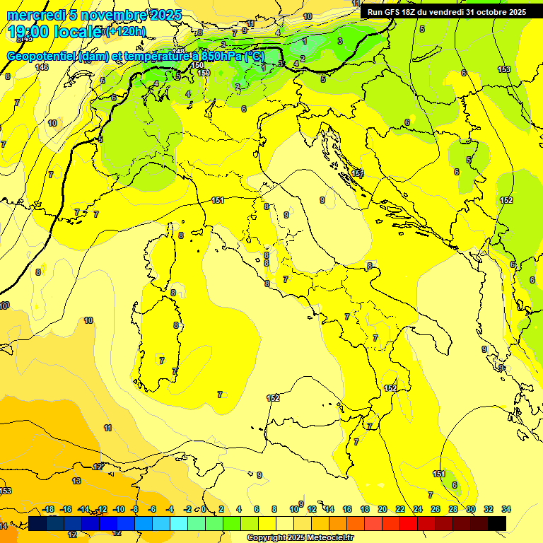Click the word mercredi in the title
click(37, 15)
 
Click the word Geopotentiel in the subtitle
click(42, 57)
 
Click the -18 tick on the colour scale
click(48, 510)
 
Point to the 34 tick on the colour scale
click(506, 510)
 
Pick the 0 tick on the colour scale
click(204, 510)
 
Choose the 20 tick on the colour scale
click(383, 510)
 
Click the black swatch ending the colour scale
click(497, 523)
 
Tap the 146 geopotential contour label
click(42, 67)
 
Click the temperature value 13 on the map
click(76, 481)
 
